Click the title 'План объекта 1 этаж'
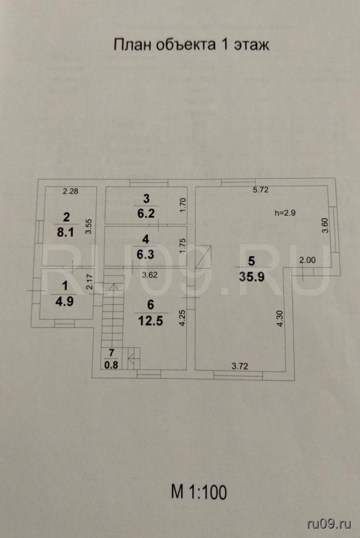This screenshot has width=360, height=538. click(191, 45)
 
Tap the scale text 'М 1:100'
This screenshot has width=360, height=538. click(199, 492)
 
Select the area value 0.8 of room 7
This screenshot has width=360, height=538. click(111, 363)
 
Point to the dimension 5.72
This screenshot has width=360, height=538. click(261, 190)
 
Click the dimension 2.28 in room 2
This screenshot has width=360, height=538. click(70, 191)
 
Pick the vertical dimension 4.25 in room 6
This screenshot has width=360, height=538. click(181, 317)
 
